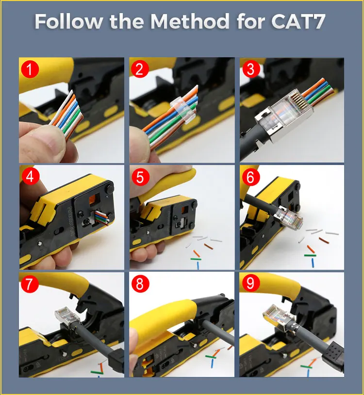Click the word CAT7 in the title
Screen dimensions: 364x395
click(x=298, y=21)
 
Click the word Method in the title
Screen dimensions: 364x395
click(x=190, y=21)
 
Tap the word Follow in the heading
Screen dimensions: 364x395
click(x=68, y=21)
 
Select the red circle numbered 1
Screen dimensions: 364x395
click(x=30, y=69)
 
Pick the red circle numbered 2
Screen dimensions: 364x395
click(x=140, y=69)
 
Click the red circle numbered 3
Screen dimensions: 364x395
click(x=251, y=69)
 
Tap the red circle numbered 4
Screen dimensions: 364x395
click(x=30, y=176)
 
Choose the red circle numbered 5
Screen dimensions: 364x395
click(x=140, y=177)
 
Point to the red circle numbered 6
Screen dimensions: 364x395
click(x=250, y=177)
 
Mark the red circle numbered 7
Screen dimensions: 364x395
click(x=30, y=284)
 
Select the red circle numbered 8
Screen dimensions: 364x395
click(x=140, y=284)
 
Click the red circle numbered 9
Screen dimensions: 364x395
click(x=250, y=283)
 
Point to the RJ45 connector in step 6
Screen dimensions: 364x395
click(x=288, y=218)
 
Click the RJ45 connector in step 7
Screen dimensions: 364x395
click(x=67, y=317)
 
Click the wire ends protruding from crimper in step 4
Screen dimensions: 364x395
click(x=102, y=218)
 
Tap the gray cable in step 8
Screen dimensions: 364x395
click(x=218, y=332)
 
